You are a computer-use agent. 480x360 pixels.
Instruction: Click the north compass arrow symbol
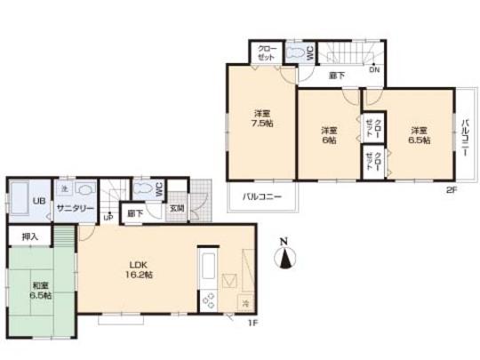[x=284, y=257]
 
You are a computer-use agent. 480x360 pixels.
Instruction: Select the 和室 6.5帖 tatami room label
[x=37, y=291]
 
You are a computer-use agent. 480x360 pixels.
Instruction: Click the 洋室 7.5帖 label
[x=261, y=119]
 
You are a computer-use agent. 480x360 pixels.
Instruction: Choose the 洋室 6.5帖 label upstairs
[x=420, y=134]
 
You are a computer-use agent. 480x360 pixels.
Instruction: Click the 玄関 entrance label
[x=177, y=209]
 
